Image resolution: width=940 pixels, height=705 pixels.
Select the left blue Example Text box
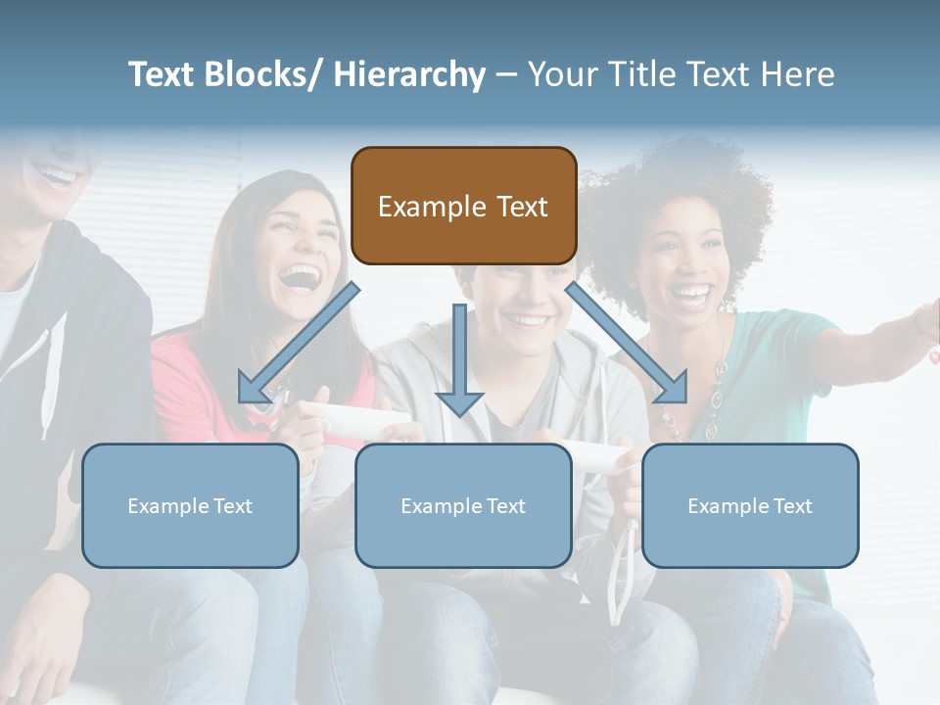(x=190, y=505)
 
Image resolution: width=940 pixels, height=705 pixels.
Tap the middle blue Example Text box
(x=463, y=505)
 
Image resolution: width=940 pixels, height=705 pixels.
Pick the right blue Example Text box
(x=750, y=505)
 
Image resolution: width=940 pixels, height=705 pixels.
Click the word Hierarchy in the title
(x=409, y=74)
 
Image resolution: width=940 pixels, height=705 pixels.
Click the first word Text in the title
(x=163, y=74)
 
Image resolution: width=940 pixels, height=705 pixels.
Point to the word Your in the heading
(x=562, y=74)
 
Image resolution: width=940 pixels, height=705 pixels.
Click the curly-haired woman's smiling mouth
(x=693, y=293)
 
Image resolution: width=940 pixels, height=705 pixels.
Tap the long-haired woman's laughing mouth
(x=300, y=275)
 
